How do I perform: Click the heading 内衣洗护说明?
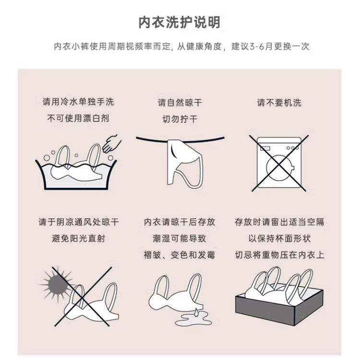coord(180,23)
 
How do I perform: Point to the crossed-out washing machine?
coord(279,163)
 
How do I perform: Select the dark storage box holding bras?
coord(279,305)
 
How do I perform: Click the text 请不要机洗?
coord(279,103)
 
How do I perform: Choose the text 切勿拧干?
coord(180,119)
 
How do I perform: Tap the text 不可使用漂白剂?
coord(78,118)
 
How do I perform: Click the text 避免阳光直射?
coord(78,238)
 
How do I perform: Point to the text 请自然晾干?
coord(180,103)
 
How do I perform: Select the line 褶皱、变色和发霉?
coord(180,255)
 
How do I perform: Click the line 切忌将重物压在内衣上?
coord(279,255)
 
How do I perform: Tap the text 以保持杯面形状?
coord(279,238)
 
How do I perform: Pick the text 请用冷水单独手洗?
coord(78,102)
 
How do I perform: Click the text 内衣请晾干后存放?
coord(180,222)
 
